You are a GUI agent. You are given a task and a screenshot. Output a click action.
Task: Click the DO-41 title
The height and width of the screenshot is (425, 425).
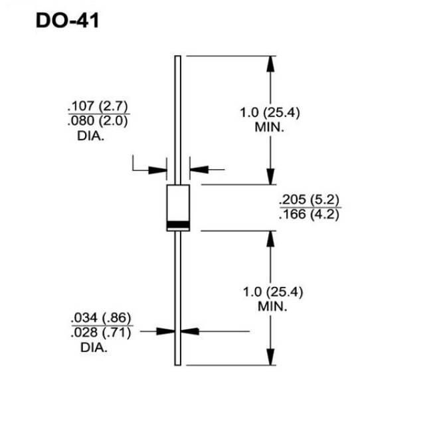click(x=67, y=21)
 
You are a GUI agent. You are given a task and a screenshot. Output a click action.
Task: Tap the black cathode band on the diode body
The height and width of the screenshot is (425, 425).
click(x=178, y=224)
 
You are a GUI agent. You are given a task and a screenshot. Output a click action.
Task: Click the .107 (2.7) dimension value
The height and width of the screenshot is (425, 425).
click(x=98, y=106)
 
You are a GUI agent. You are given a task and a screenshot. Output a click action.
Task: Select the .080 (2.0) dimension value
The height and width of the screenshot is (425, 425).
click(x=98, y=121)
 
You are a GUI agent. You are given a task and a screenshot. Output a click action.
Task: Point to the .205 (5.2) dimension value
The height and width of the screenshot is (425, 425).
click(x=309, y=200)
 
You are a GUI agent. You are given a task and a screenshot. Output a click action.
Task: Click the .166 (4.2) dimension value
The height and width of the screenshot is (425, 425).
click(x=309, y=214)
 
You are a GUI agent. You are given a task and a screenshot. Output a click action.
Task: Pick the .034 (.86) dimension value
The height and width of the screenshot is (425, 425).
click(x=101, y=317)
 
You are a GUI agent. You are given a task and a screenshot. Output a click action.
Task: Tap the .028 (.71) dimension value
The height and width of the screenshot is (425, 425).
click(x=101, y=333)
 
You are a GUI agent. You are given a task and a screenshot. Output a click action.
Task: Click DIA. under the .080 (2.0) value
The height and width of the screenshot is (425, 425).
click(x=90, y=136)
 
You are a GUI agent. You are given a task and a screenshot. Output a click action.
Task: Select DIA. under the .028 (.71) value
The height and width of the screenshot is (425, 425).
click(x=94, y=348)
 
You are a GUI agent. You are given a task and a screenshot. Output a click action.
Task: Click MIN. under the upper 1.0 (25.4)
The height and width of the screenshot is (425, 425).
click(x=270, y=127)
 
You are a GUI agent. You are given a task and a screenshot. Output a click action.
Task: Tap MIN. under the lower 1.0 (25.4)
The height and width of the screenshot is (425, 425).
click(x=272, y=307)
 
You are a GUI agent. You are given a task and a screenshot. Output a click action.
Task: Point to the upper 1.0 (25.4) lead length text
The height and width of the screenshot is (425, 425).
click(x=270, y=112)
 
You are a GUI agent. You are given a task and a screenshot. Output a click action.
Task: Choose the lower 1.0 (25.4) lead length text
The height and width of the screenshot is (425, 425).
click(x=273, y=292)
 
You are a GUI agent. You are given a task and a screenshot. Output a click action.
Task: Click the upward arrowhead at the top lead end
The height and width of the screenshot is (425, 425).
click(x=270, y=64)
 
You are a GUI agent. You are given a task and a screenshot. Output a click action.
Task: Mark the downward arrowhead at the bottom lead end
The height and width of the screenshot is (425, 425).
click(x=270, y=357)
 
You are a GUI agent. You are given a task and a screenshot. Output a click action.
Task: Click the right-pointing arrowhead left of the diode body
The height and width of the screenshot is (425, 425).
click(x=158, y=170)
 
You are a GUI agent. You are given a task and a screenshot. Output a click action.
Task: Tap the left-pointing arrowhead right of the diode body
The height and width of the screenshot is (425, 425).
click(x=199, y=170)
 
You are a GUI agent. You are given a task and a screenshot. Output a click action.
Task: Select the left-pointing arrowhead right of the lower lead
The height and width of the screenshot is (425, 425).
click(x=190, y=331)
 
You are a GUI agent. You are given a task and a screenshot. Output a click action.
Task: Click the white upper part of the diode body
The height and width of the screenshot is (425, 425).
click(x=178, y=203)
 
